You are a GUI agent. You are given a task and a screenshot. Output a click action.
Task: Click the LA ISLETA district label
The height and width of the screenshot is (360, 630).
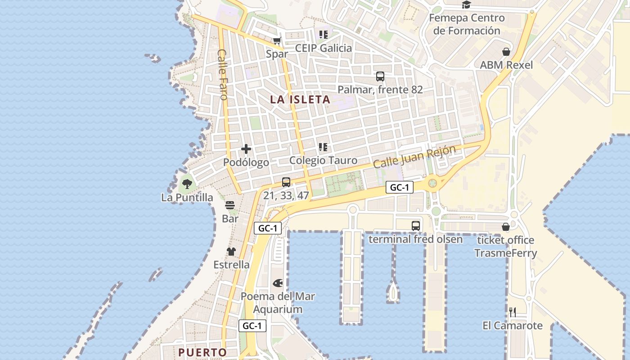tap(300, 99)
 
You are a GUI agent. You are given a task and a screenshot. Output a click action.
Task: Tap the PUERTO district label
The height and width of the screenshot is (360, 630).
tap(202, 352)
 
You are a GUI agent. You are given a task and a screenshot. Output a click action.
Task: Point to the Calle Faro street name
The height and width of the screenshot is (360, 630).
tap(223, 74)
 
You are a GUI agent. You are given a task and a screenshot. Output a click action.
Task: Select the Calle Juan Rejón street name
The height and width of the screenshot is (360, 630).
tap(414, 157)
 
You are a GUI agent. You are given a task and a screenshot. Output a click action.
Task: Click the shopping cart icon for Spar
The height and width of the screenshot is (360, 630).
tap(277, 41)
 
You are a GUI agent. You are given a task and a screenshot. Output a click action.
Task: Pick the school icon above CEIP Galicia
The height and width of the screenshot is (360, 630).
tap(323, 34)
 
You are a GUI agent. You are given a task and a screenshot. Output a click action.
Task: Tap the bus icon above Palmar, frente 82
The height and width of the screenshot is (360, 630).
tap(380, 76)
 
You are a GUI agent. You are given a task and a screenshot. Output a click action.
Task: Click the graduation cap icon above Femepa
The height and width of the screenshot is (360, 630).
tap(466, 5)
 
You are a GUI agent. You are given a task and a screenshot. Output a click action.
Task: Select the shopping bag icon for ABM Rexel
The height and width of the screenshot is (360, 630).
tap(506, 52)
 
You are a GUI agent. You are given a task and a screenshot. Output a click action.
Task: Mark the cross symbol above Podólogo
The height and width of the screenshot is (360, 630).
tap(246, 149)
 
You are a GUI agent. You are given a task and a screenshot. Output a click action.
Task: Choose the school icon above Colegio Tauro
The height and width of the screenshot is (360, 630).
tap(323, 147)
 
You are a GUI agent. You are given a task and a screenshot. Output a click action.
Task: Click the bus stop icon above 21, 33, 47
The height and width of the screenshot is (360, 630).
tap(286, 182)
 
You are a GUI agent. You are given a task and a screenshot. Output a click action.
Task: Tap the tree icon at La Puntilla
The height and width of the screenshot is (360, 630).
tap(187, 184)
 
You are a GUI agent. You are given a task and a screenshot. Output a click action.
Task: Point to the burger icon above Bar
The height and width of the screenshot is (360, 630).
tap(230, 206)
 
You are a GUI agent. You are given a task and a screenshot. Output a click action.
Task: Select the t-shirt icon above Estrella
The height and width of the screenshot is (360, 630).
tap(231, 252)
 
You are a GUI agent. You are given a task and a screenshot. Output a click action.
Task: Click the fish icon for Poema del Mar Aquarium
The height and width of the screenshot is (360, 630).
tap(278, 283)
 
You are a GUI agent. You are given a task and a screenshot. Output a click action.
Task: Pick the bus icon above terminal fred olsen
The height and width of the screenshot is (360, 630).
tap(416, 226)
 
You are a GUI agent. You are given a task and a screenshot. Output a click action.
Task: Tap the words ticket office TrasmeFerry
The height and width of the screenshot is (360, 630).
tap(506, 247)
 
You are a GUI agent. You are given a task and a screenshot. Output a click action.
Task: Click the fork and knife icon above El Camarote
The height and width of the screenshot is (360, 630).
tap(512, 312)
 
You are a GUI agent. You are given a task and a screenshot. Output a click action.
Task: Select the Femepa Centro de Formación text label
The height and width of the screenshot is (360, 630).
tap(467, 24)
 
